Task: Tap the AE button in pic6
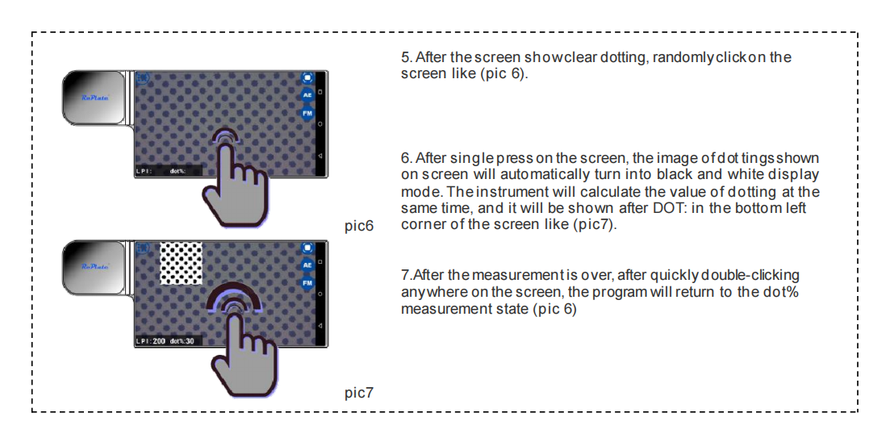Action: coord(307,95)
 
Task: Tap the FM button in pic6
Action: coord(307,114)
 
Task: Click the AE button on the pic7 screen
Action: coord(307,265)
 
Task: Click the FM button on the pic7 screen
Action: coord(307,283)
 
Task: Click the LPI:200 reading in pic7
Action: coord(151,341)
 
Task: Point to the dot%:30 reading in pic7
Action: coord(182,341)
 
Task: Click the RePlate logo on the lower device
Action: coord(94,265)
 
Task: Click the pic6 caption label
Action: coord(358,226)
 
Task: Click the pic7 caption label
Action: coord(358,393)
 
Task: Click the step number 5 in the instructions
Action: coord(405,58)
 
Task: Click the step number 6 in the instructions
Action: coord(405,158)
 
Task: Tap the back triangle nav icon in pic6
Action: coord(320,154)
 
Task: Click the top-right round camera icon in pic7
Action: coord(307,247)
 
